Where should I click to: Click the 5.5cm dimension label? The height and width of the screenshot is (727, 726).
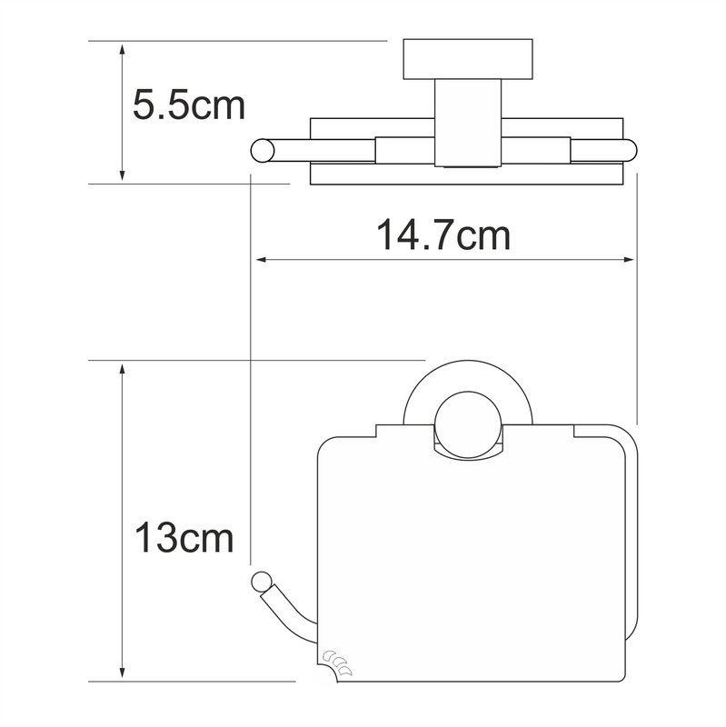189,105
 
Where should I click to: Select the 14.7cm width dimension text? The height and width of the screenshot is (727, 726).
443,235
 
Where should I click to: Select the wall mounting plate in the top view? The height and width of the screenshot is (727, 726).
466,59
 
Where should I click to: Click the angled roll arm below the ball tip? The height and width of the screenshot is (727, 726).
289,609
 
